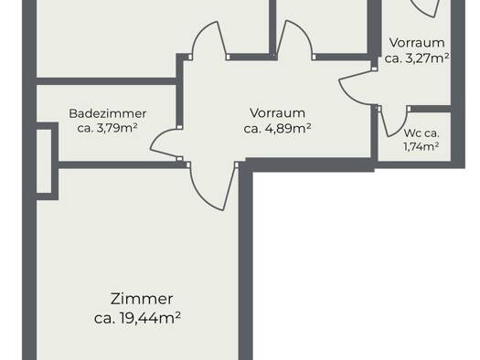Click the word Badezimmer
pyautogui.click(x=108, y=114)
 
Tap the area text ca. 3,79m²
pyautogui.click(x=107, y=128)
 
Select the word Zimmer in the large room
pyautogui.click(x=142, y=299)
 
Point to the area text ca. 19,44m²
pyautogui.click(x=137, y=318)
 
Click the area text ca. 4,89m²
pyautogui.click(x=277, y=128)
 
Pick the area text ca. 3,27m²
pyautogui.click(x=417, y=58)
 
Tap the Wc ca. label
pyautogui.click(x=421, y=133)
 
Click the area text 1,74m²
pyautogui.click(x=421, y=147)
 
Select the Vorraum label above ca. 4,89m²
pyautogui.click(x=277, y=113)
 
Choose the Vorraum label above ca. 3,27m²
pyautogui.click(x=417, y=43)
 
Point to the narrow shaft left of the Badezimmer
pyautogui.click(x=44, y=161)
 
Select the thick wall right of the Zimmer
pyautogui.click(x=246, y=263)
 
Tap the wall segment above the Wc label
pyautogui.click(x=430, y=109)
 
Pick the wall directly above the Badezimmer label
pyautogui.click(x=106, y=81)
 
